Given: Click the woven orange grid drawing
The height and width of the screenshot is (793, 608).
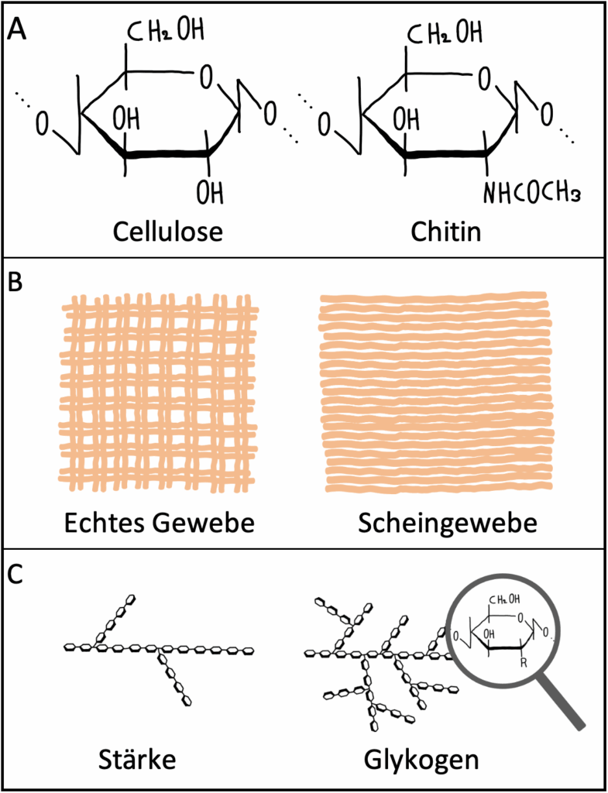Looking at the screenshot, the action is tap(157, 393).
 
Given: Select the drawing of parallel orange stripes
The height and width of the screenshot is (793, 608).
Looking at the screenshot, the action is tap(437, 393).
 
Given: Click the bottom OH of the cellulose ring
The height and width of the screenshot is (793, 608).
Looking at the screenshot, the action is tap(210, 192).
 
